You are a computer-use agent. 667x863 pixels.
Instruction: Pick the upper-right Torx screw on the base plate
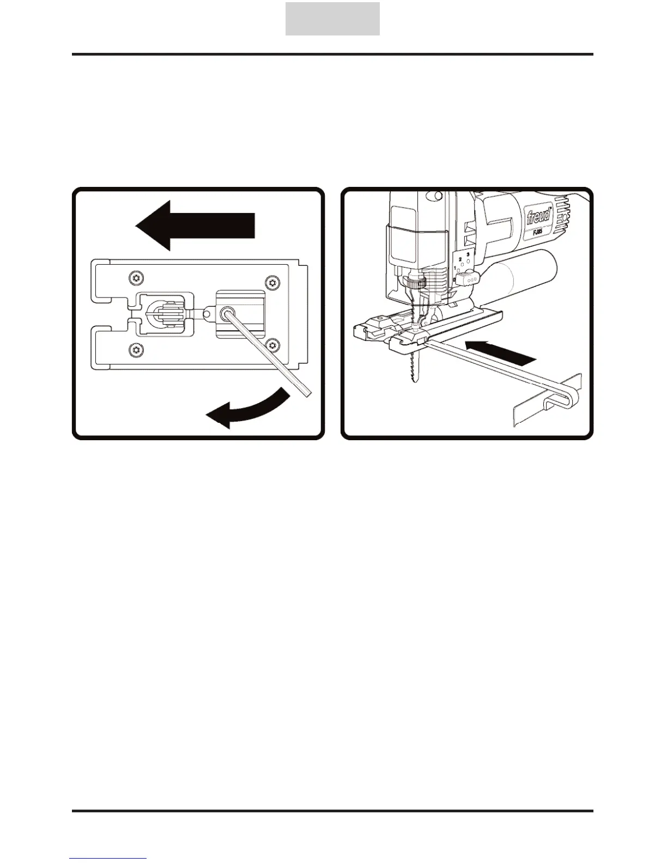[x=272, y=282]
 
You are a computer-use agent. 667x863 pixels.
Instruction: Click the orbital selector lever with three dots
[x=468, y=279]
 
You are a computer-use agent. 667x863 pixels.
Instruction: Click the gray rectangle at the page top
[x=332, y=19]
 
